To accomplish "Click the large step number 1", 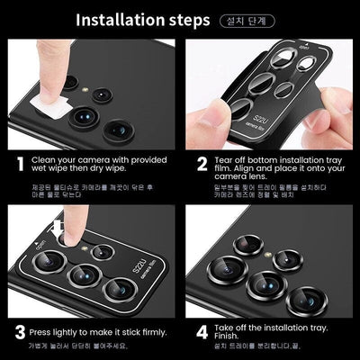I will pyautogui.click(x=18, y=164).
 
